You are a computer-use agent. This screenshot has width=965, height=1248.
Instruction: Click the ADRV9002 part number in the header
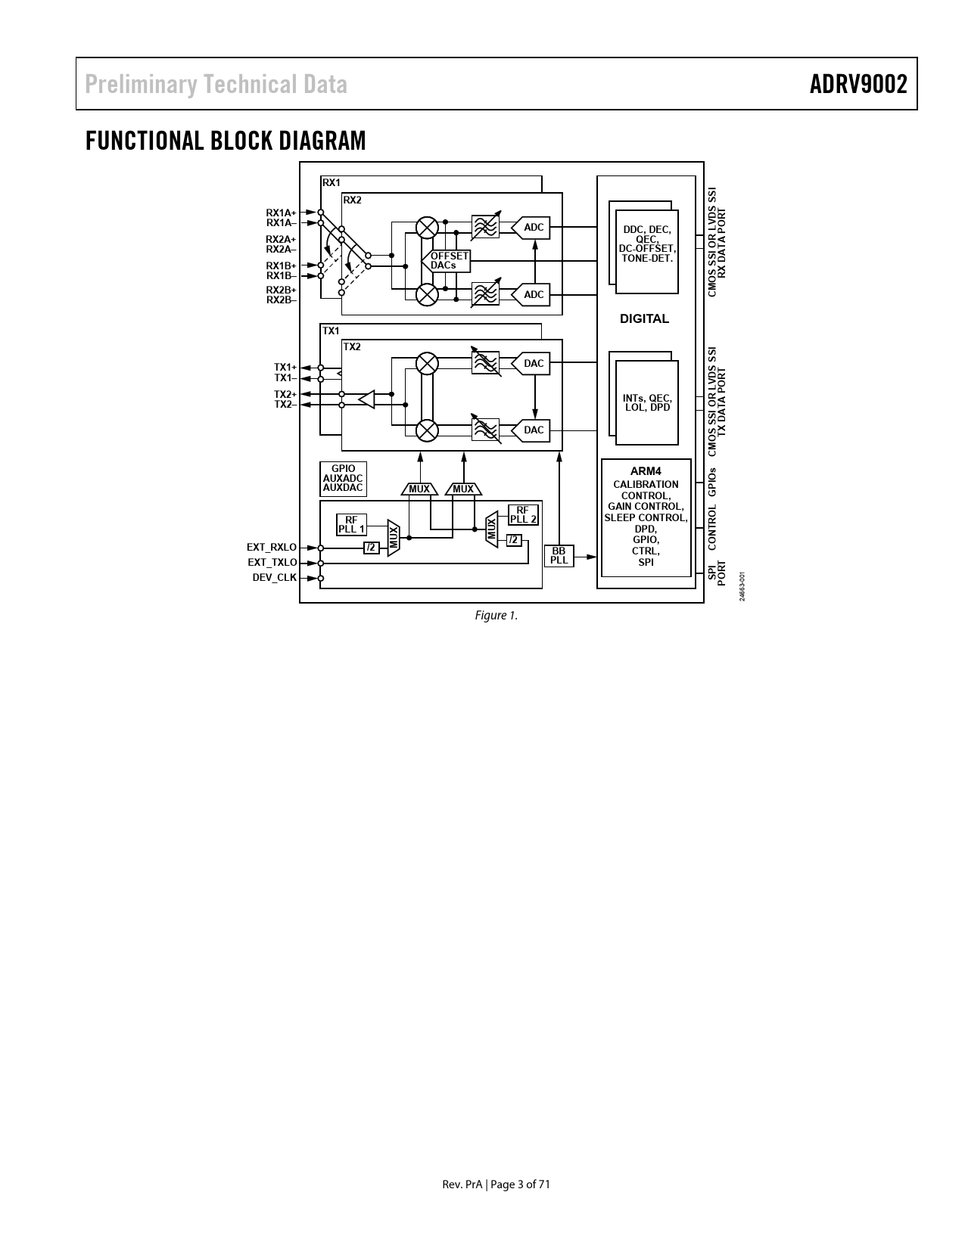[x=858, y=84]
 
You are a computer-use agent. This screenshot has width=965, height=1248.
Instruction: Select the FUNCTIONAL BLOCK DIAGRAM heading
[x=226, y=141]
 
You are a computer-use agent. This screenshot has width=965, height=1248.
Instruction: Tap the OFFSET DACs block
[x=447, y=261]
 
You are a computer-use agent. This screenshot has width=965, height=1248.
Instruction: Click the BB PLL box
[x=559, y=555]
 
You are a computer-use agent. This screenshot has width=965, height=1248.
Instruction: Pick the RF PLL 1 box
[x=351, y=524]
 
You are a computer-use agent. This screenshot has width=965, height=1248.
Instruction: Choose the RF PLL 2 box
[x=523, y=514]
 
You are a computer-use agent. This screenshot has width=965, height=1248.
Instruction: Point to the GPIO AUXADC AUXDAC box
[x=343, y=479]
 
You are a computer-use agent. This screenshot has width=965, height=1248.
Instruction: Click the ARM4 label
[x=646, y=471]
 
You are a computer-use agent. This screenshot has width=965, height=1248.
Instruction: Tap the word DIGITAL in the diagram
[x=644, y=318]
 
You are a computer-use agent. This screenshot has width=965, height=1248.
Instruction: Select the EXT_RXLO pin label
[x=272, y=548]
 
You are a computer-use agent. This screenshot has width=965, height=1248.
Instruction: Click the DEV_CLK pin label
[x=275, y=577]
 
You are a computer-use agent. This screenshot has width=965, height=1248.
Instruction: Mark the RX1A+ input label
[x=281, y=213]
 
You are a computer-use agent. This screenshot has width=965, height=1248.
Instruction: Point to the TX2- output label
[x=285, y=405]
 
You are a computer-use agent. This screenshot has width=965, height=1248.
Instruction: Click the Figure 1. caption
[x=496, y=616]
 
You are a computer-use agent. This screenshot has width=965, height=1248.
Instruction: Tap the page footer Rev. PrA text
[x=462, y=1184]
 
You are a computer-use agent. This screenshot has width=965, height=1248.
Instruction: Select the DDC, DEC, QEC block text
[x=647, y=244]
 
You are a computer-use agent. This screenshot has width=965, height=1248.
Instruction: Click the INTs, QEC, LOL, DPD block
[x=647, y=402]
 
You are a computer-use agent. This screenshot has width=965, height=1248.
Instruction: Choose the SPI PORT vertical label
[x=717, y=573]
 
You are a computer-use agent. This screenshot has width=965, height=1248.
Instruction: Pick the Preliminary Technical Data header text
[x=216, y=84]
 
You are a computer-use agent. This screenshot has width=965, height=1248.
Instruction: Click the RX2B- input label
[x=281, y=300]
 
